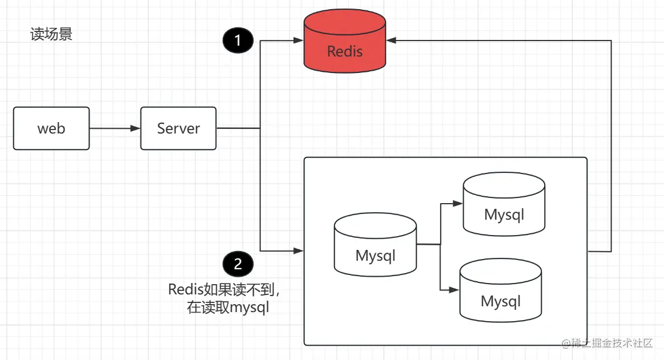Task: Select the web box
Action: point(51,128)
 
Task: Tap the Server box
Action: point(178,128)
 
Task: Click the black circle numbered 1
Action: point(238,41)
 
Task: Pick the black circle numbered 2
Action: point(238,264)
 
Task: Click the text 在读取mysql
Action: point(228,308)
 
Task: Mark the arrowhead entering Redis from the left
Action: point(299,41)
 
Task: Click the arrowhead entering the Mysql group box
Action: point(299,250)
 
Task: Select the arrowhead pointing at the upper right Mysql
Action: point(458,203)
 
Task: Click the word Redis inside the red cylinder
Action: point(344,51)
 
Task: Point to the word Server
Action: point(178,128)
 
